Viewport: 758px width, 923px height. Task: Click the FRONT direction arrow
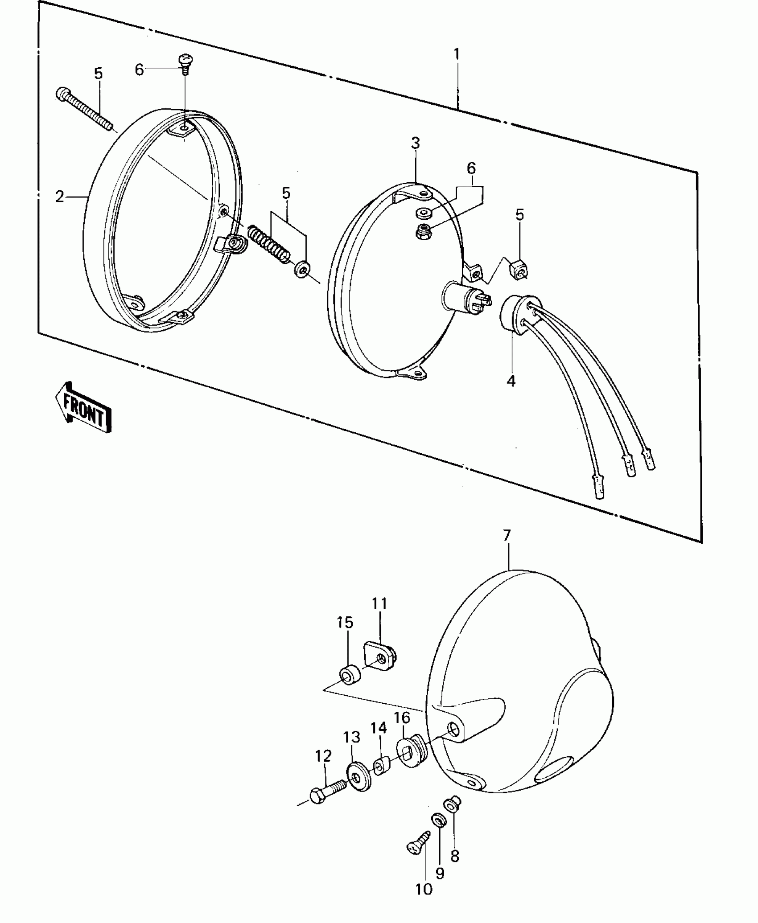click(x=83, y=407)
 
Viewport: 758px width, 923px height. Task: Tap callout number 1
click(x=457, y=55)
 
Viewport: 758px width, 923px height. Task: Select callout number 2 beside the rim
click(x=60, y=197)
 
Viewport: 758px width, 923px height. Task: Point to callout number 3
click(x=416, y=144)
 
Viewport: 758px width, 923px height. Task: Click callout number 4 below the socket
click(x=511, y=381)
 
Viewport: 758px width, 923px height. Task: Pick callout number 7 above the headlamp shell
click(x=507, y=535)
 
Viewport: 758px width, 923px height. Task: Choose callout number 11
click(x=380, y=604)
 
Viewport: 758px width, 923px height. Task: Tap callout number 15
click(x=345, y=622)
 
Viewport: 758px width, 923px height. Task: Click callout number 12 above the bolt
click(x=323, y=756)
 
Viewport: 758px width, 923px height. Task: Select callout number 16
click(x=402, y=730)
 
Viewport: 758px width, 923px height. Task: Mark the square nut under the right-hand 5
click(x=518, y=269)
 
